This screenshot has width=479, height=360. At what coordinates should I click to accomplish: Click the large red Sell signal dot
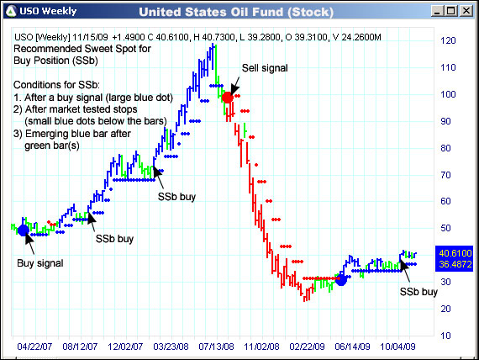tap(227, 98)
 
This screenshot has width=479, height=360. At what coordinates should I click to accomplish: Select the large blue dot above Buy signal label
tap(24, 230)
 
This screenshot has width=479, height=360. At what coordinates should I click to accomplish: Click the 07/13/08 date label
tap(215, 345)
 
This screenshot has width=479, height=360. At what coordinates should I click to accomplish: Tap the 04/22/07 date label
tap(34, 345)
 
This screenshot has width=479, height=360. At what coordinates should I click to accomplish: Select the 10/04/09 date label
tap(397, 345)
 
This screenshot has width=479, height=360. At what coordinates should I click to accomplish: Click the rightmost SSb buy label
tap(418, 292)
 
